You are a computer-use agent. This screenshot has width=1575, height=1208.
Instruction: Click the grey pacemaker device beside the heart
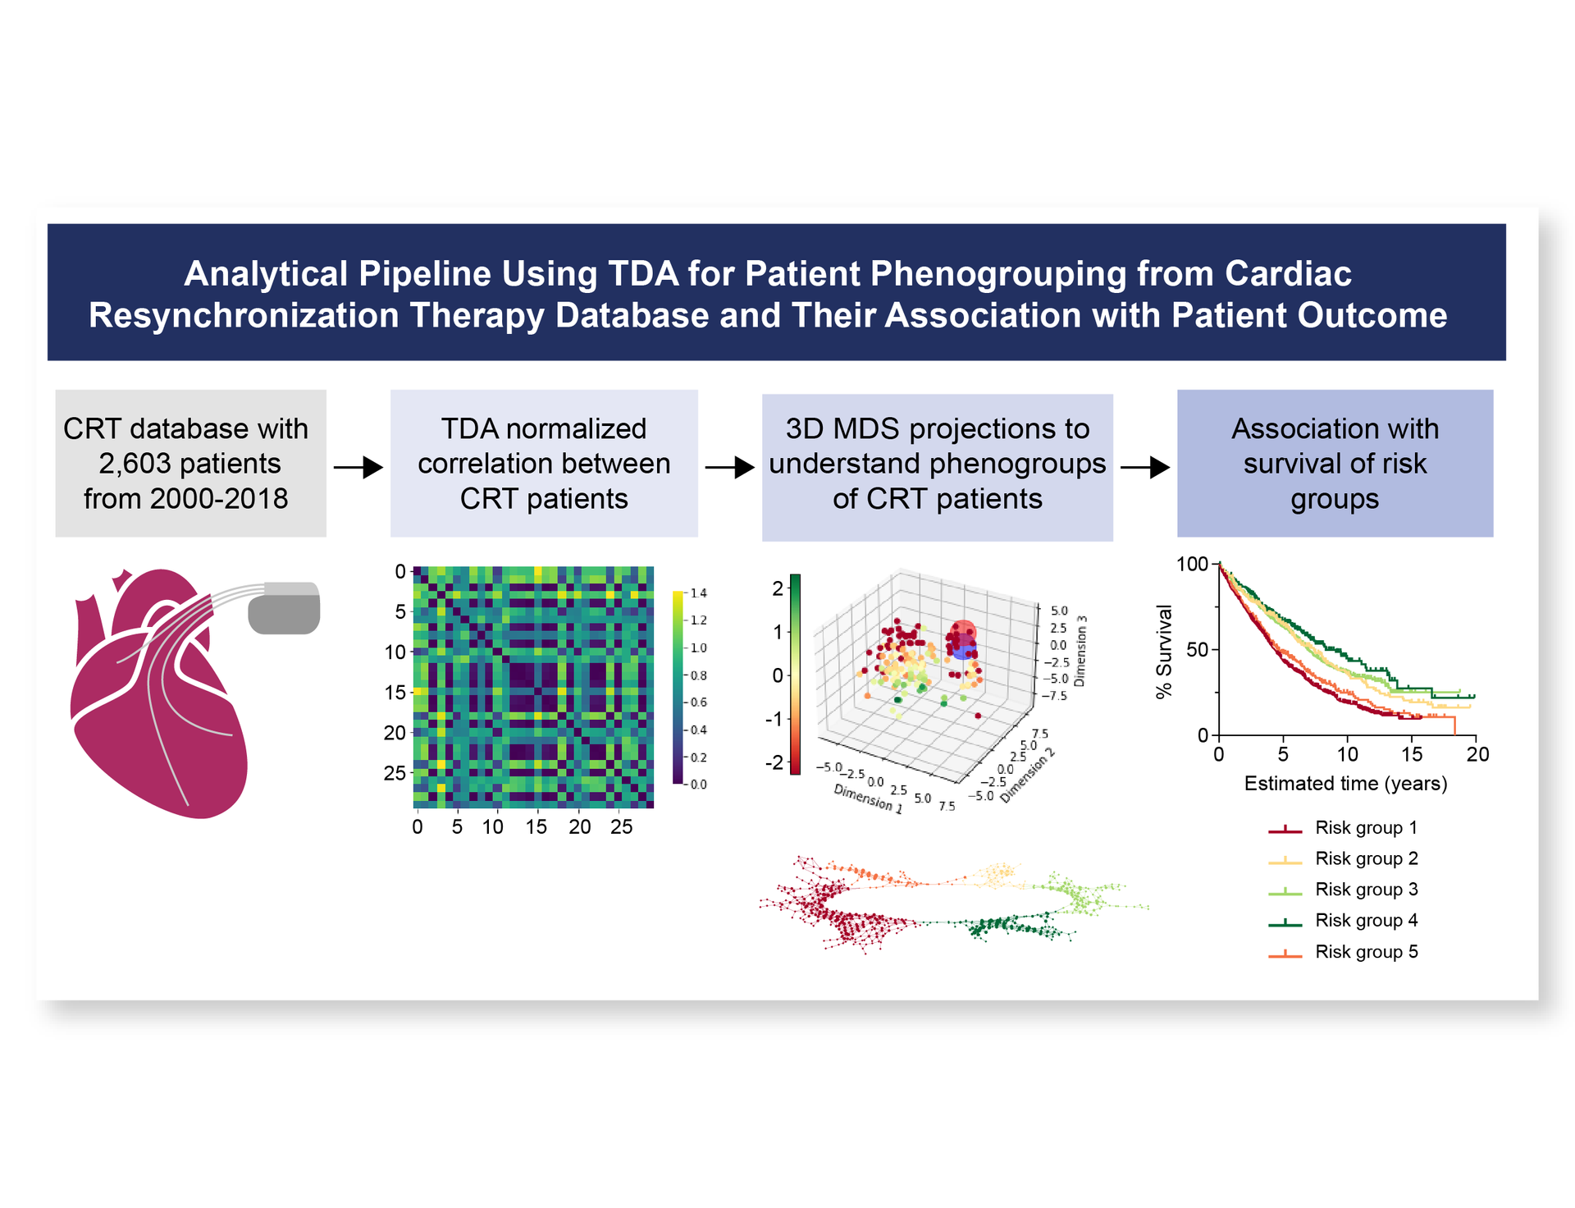(x=284, y=608)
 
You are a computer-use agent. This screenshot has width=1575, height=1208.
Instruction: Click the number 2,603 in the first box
(x=135, y=464)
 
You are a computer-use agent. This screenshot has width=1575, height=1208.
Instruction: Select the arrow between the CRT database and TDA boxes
(x=358, y=468)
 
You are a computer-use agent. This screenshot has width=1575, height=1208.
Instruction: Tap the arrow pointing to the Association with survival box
(x=1145, y=468)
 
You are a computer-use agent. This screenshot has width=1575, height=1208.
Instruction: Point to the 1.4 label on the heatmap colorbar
(x=698, y=593)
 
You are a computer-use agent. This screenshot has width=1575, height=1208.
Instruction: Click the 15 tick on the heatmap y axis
(x=395, y=693)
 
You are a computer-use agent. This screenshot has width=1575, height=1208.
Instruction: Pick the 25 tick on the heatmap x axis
(x=621, y=827)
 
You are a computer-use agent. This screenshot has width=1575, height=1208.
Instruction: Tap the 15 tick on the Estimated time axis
(x=1411, y=754)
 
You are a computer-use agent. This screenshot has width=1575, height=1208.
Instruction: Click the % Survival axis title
(x=1164, y=652)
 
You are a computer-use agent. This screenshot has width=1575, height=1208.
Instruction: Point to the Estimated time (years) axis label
(x=1345, y=784)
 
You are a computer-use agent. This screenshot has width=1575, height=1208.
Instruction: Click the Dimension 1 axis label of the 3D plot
(x=868, y=798)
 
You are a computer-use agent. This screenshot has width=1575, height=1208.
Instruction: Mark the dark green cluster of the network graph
(x=1009, y=927)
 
